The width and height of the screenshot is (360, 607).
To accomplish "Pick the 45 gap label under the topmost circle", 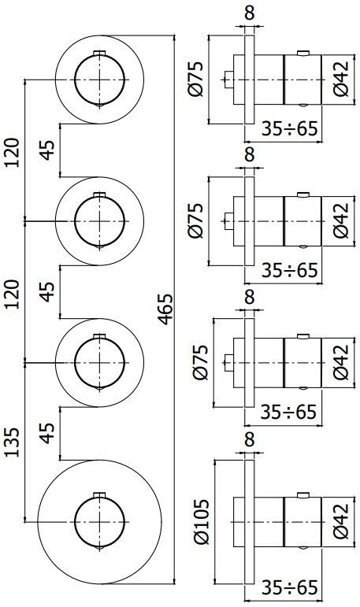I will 48,150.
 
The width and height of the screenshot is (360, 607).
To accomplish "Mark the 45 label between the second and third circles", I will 48,291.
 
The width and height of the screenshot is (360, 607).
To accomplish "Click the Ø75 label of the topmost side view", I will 198,79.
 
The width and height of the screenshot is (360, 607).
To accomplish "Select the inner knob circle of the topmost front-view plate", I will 99,79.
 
